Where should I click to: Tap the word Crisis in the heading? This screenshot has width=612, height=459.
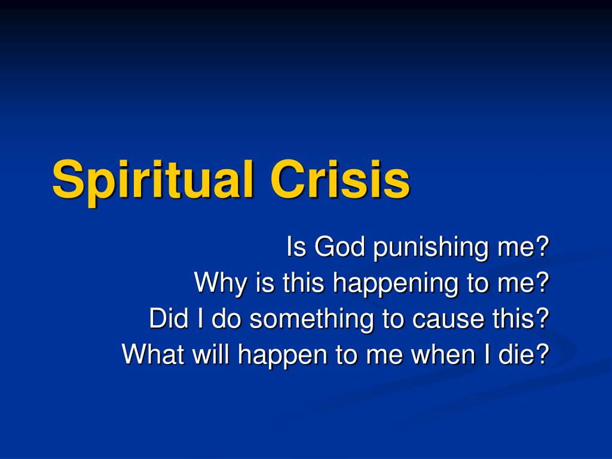click(x=340, y=179)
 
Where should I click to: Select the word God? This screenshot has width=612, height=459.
click(x=339, y=247)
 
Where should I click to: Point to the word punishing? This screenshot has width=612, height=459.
click(x=430, y=249)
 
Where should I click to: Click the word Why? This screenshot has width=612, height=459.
click(x=221, y=283)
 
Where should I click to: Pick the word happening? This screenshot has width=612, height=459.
click(x=395, y=284)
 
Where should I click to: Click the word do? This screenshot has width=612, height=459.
click(x=226, y=319)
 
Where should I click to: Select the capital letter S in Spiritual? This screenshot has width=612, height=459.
click(x=68, y=179)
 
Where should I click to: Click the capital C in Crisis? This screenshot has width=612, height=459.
click(x=289, y=179)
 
